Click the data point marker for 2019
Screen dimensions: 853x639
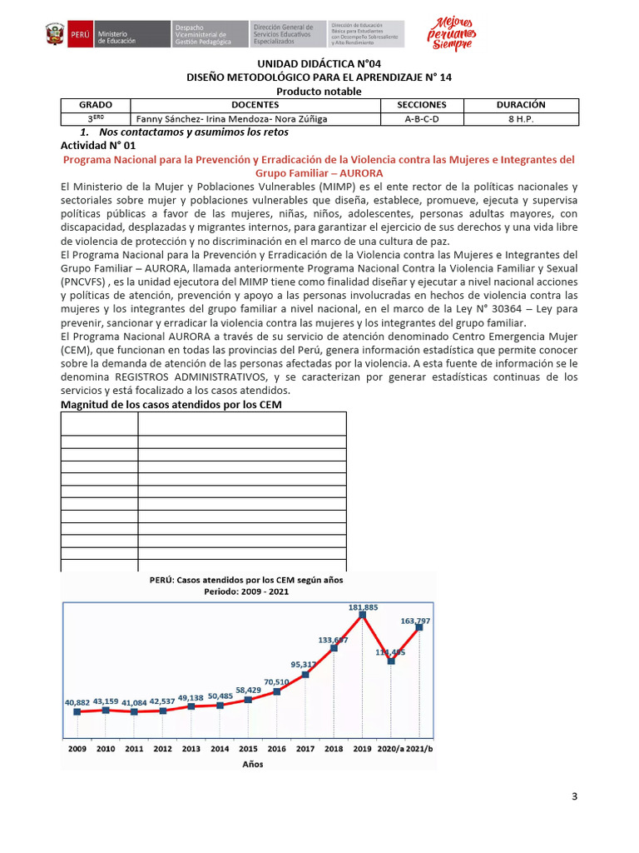click(362, 615)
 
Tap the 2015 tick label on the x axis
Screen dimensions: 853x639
click(247, 749)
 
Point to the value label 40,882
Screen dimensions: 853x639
click(77, 702)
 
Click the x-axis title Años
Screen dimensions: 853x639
click(254, 764)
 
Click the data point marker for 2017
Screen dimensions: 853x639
click(305, 674)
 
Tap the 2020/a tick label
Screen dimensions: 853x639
click(390, 749)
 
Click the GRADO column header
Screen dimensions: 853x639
click(95, 105)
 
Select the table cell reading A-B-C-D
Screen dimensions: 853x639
click(421, 118)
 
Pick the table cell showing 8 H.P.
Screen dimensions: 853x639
click(520, 118)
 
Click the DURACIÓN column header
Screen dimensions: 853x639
click(520, 105)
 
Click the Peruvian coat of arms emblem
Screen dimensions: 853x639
click(57, 35)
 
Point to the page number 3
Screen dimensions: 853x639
click(574, 796)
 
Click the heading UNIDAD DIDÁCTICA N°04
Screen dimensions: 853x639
click(319, 64)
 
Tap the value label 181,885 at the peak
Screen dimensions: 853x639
click(363, 606)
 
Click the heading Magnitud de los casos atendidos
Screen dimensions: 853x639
click(177, 405)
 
